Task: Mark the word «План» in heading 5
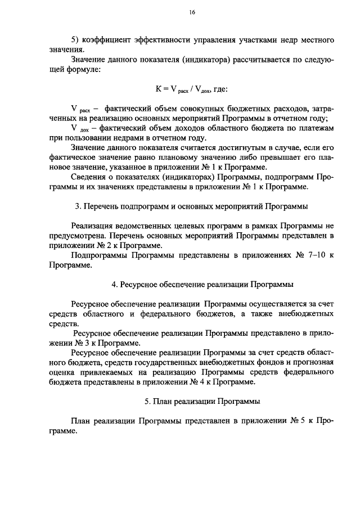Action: click(x=160, y=402)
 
